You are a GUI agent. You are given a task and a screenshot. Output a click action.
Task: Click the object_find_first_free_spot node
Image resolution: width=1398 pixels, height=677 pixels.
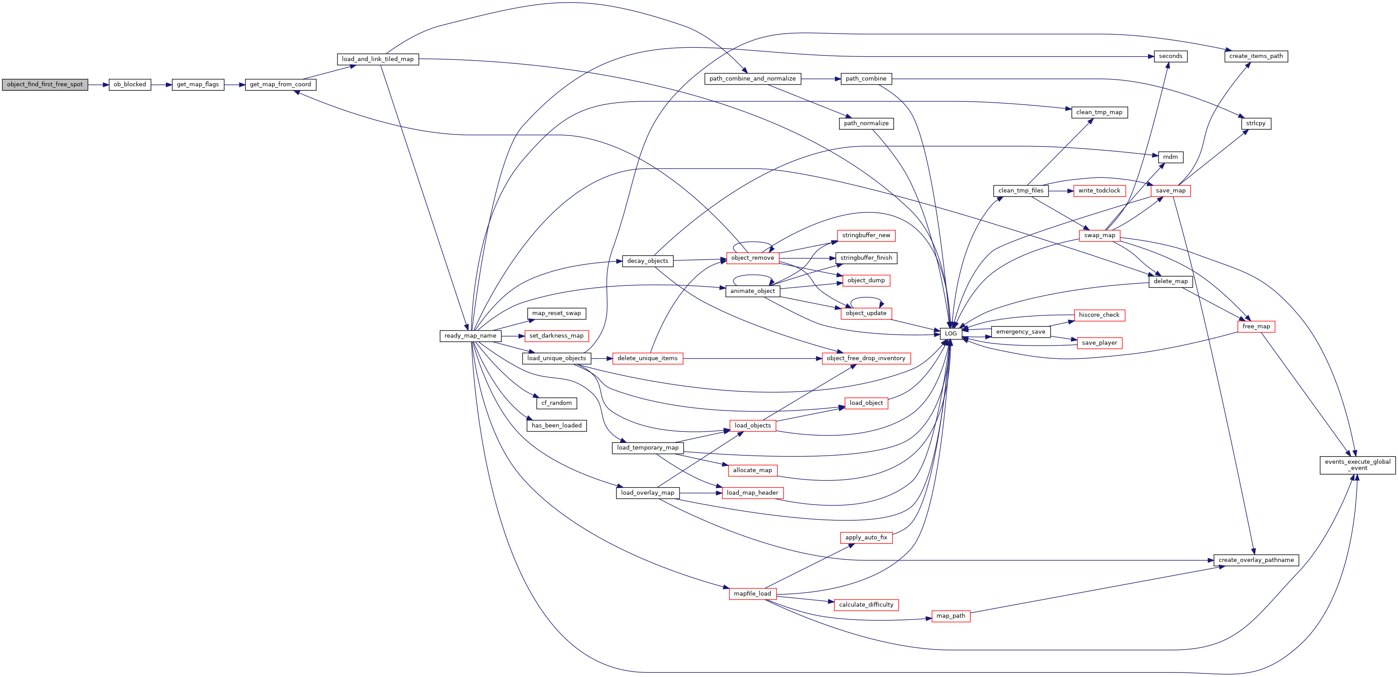click(x=45, y=85)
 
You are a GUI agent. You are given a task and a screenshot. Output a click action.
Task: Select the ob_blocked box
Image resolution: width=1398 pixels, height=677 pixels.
click(x=130, y=85)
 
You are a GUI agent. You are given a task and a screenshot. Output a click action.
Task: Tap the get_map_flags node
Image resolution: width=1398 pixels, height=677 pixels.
click(x=198, y=85)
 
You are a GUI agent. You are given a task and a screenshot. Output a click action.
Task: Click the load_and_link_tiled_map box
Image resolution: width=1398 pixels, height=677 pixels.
click(x=378, y=59)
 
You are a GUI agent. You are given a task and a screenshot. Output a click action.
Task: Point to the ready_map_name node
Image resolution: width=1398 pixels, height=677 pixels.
click(x=471, y=336)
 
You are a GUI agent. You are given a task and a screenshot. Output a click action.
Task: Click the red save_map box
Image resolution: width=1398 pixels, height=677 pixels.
click(x=1171, y=191)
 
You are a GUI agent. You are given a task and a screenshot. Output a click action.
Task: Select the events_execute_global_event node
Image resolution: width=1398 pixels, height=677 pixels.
click(x=1358, y=465)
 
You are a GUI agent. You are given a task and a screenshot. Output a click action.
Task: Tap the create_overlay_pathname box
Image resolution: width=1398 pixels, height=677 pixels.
click(x=1256, y=560)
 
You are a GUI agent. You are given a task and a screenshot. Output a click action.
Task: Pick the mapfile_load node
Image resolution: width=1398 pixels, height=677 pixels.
click(x=752, y=594)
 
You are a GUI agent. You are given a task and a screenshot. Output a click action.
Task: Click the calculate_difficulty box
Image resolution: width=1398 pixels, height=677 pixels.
click(x=866, y=605)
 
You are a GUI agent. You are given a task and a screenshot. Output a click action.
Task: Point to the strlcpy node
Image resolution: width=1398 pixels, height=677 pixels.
click(x=1256, y=124)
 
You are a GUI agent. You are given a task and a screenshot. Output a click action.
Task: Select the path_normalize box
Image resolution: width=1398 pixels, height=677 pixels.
click(x=866, y=124)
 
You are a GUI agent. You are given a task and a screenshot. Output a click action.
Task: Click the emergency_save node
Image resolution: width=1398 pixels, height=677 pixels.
click(x=1021, y=332)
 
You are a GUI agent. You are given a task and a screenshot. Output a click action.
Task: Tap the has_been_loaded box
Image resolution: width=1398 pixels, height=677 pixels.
click(x=557, y=426)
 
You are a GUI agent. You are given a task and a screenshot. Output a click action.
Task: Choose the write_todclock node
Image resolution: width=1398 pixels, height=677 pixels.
click(x=1099, y=191)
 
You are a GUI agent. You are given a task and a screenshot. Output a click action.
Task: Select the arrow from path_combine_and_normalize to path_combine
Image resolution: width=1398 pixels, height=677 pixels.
click(x=821, y=79)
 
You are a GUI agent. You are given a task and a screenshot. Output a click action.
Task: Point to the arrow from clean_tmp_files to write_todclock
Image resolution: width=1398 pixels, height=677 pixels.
click(x=1061, y=191)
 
